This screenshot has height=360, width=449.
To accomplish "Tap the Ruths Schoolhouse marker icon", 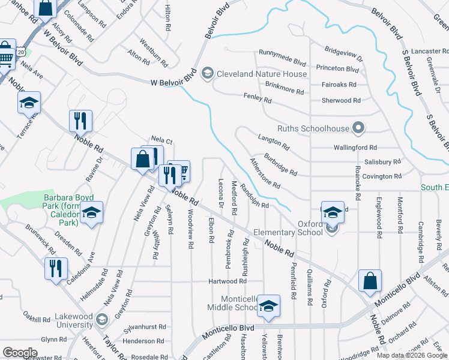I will point(358,127).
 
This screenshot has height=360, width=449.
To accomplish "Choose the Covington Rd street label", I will point(381,176).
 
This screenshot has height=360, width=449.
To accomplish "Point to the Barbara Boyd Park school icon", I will point(91,212).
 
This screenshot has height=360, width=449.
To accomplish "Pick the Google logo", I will point(20,353).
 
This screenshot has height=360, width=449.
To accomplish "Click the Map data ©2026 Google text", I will point(411,355).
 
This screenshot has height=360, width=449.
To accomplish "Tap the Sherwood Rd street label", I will point(340,100).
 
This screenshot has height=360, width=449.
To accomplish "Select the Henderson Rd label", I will point(136,341).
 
